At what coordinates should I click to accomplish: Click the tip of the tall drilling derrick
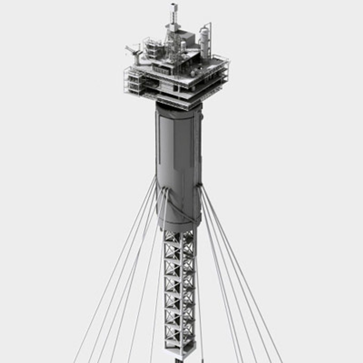[x=173, y=5]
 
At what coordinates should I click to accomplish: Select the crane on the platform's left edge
[x=134, y=54]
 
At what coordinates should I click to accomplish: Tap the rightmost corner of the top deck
[x=228, y=62]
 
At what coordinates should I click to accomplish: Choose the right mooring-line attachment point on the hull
[x=199, y=186]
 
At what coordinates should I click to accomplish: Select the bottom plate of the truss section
[x=180, y=351]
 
